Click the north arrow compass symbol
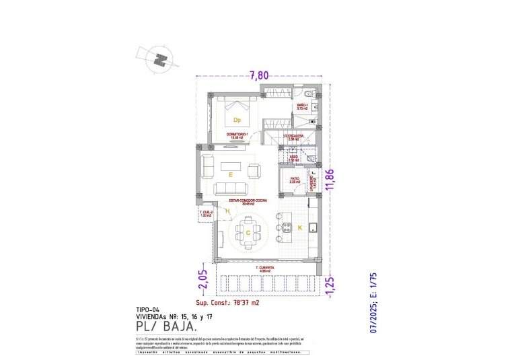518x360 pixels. coord(160,59)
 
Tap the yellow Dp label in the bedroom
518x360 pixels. coord(237,120)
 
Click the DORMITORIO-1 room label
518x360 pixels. coord(237,135)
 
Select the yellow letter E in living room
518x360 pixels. coord(231,174)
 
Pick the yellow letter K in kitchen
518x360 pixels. coord(299,228)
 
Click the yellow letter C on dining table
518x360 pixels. coord(249,233)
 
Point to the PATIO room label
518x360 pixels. coord(295,178)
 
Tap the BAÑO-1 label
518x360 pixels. coord(303,106)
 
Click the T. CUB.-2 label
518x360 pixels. coord(206,213)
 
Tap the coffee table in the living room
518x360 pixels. coord(232,164)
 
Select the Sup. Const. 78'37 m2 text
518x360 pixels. coord(227,303)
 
